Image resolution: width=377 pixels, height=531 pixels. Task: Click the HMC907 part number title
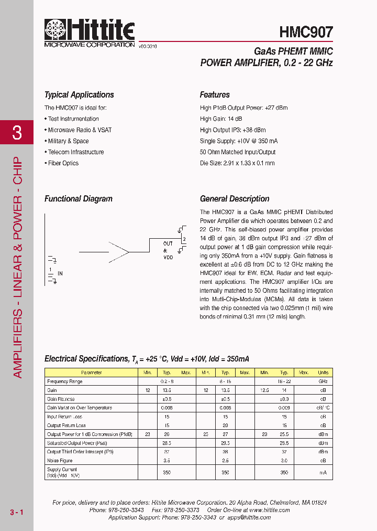pos(306,32)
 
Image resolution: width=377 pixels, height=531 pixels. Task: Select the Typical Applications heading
pos(79,95)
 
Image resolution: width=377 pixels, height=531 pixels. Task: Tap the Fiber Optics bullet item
pos(63,163)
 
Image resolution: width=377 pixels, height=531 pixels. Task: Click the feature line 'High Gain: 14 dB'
pos(221,119)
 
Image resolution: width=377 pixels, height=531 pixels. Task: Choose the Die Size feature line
pos(237,163)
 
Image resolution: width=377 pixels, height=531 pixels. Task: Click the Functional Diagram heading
pos(79,199)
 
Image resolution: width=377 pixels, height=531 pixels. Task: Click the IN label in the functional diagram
pos(60,273)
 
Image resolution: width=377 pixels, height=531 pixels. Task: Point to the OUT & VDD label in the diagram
pos(168,250)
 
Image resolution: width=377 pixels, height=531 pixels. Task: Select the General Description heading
pos(235,199)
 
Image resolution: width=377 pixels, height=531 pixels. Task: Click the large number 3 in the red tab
pos(17,133)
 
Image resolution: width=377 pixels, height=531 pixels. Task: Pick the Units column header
pos(323,373)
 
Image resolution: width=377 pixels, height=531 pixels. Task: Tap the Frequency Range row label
pos(64,381)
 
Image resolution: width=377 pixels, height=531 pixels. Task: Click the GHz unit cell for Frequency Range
pos(323,381)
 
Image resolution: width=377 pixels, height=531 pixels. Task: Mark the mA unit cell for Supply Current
pos(323,473)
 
